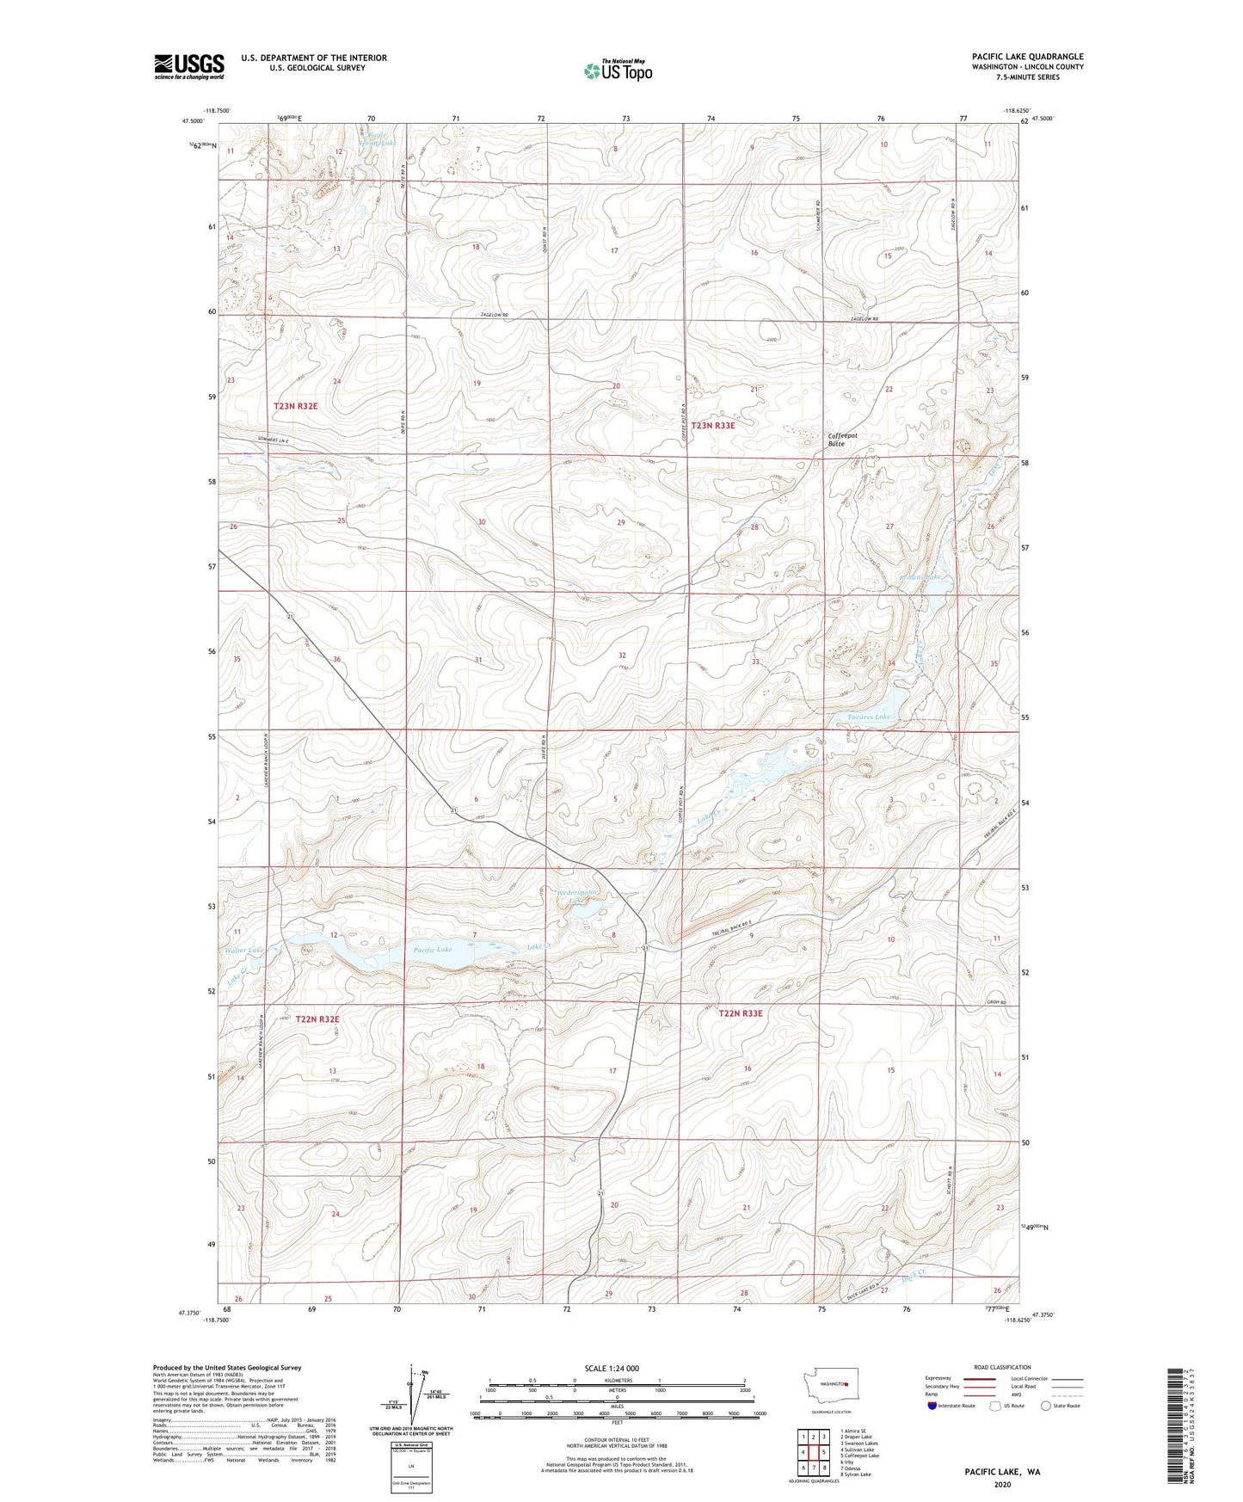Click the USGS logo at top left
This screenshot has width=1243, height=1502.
pyautogui.click(x=189, y=66)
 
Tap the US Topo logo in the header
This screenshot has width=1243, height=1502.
pyautogui.click(x=617, y=71)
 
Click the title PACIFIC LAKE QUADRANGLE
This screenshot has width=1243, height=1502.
pyautogui.click(x=1027, y=57)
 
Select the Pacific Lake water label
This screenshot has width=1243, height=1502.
pyautogui.click(x=432, y=950)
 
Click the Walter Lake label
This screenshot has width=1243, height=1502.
pyautogui.click(x=244, y=951)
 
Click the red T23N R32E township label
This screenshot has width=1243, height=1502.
pyautogui.click(x=296, y=406)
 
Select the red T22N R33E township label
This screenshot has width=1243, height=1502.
pyautogui.click(x=741, y=1013)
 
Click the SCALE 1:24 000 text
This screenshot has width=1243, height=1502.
pyautogui.click(x=612, y=1368)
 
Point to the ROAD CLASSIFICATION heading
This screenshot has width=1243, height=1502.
pyautogui.click(x=1002, y=1367)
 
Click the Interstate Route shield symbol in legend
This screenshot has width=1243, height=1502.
pyautogui.click(x=932, y=1406)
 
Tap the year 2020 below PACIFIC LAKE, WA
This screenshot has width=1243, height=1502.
pyautogui.click(x=1002, y=1485)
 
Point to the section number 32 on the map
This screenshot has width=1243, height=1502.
pyautogui.click(x=622, y=656)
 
